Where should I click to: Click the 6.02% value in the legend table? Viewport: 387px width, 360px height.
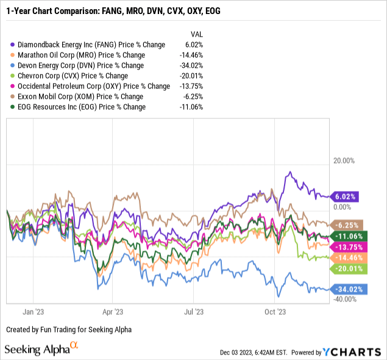(x=194, y=45)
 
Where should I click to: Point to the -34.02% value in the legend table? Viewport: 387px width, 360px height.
(x=191, y=65)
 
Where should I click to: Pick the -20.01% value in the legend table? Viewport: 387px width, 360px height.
(x=191, y=76)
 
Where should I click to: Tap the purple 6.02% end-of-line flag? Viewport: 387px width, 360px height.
(x=345, y=196)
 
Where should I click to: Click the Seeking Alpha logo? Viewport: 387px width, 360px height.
(x=43, y=349)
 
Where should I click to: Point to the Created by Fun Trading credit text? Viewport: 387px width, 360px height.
(x=68, y=329)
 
